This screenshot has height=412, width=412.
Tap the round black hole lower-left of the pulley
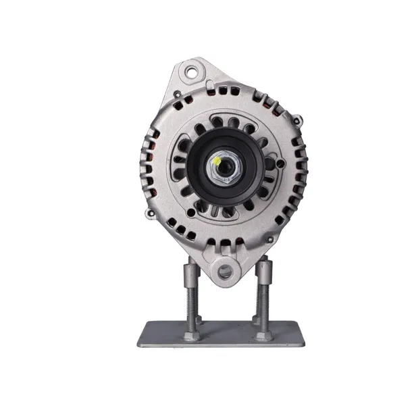coord(192,212)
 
